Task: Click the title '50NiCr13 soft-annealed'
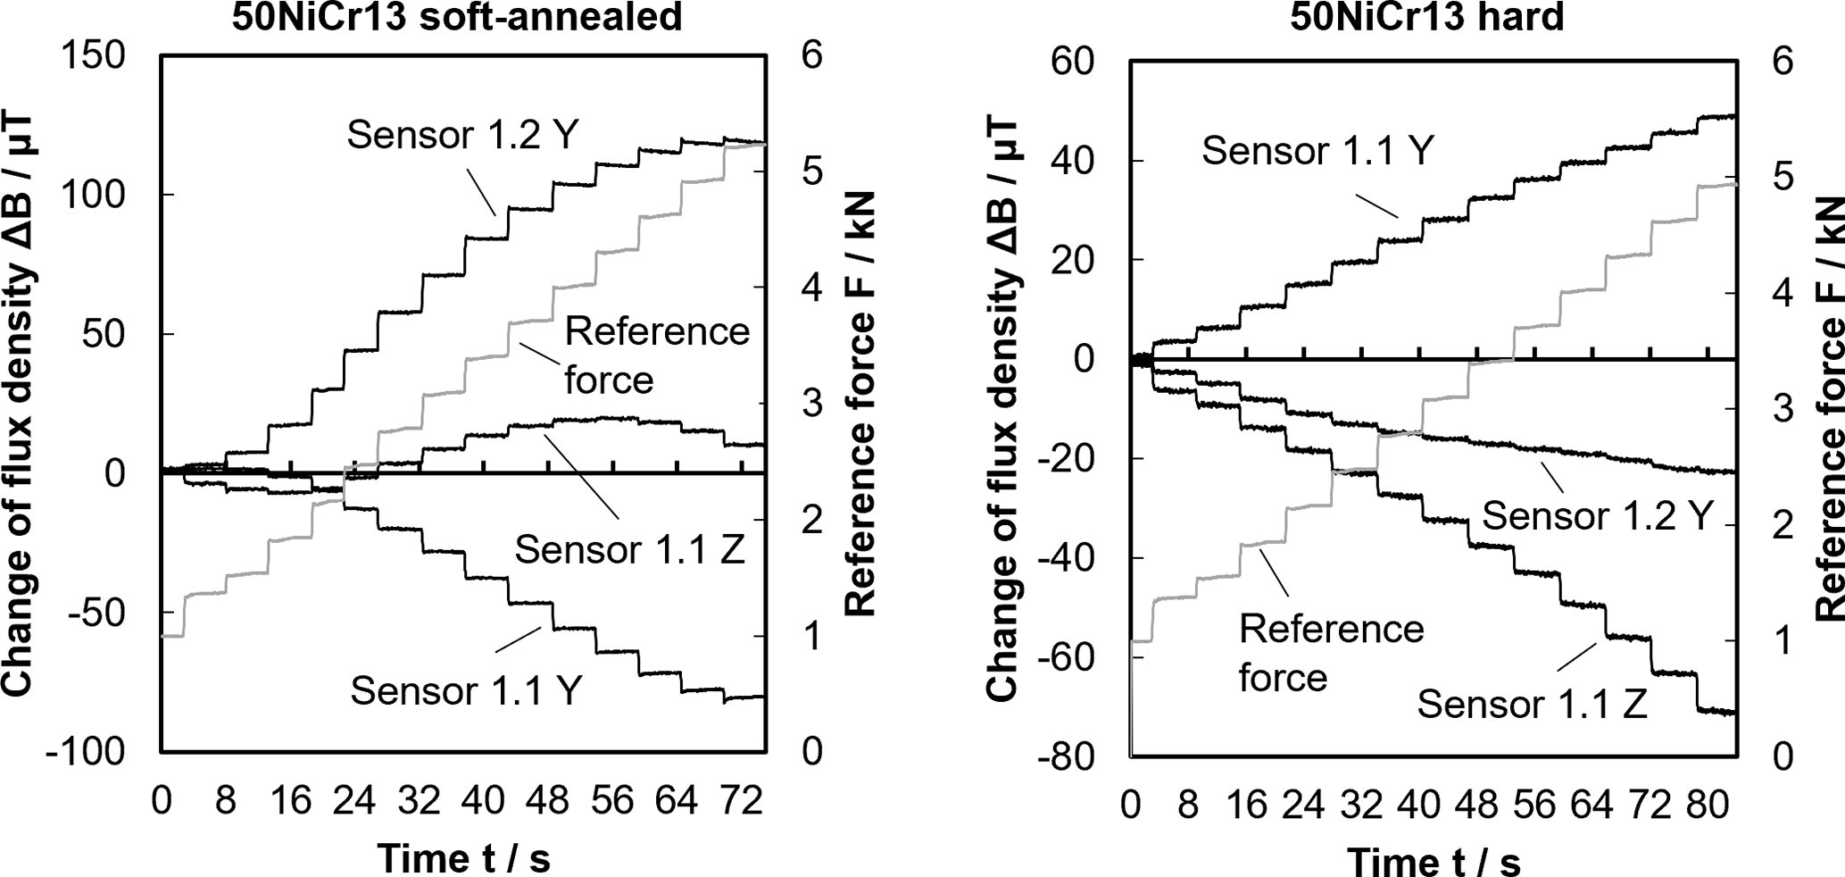(457, 16)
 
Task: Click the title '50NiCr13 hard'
(1427, 16)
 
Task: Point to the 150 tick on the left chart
(92, 55)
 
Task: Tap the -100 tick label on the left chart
(86, 751)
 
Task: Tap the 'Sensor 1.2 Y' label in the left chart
(463, 135)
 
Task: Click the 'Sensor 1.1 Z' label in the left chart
(629, 549)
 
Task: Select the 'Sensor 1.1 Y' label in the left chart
(466, 690)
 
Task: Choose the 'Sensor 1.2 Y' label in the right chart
(1597, 515)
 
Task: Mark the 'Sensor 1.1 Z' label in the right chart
(1532, 705)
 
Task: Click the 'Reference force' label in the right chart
(1331, 653)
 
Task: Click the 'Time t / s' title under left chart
(463, 858)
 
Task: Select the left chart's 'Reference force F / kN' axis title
(860, 404)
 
